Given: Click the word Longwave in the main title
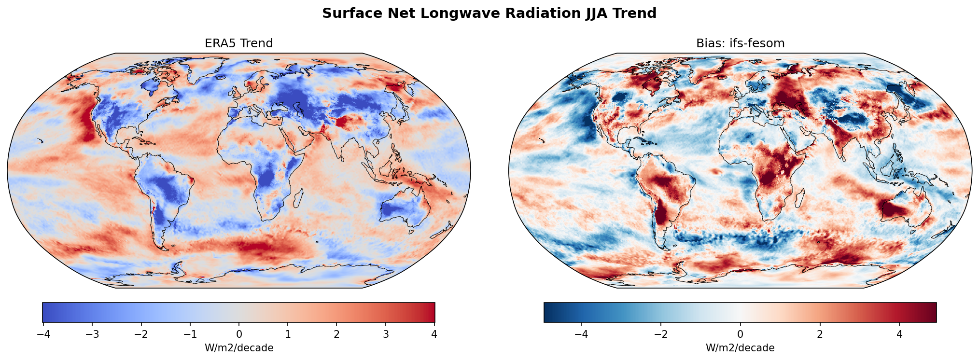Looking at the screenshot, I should click(x=453, y=14).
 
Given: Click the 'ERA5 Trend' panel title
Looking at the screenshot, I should click(x=238, y=43).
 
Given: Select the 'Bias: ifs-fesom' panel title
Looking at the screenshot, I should click(x=740, y=43).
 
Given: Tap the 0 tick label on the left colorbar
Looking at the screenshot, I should click(x=239, y=334).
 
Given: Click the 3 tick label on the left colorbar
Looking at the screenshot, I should click(x=386, y=334).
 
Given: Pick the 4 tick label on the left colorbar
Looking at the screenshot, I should click(x=434, y=334).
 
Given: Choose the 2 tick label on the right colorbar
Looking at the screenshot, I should click(x=820, y=334).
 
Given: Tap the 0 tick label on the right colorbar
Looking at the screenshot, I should click(x=740, y=334).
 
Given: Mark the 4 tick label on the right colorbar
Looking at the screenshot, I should click(x=899, y=334).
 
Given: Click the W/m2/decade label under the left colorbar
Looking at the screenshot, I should click(x=239, y=348).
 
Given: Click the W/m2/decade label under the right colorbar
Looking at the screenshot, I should click(x=740, y=348).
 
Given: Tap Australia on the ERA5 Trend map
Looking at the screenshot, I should click(x=405, y=210).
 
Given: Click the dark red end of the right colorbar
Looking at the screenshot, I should click(x=932, y=312).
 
